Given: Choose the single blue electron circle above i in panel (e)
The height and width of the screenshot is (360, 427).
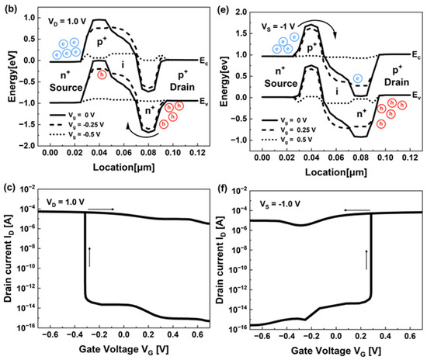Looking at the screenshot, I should pyautogui.click(x=356, y=78).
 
